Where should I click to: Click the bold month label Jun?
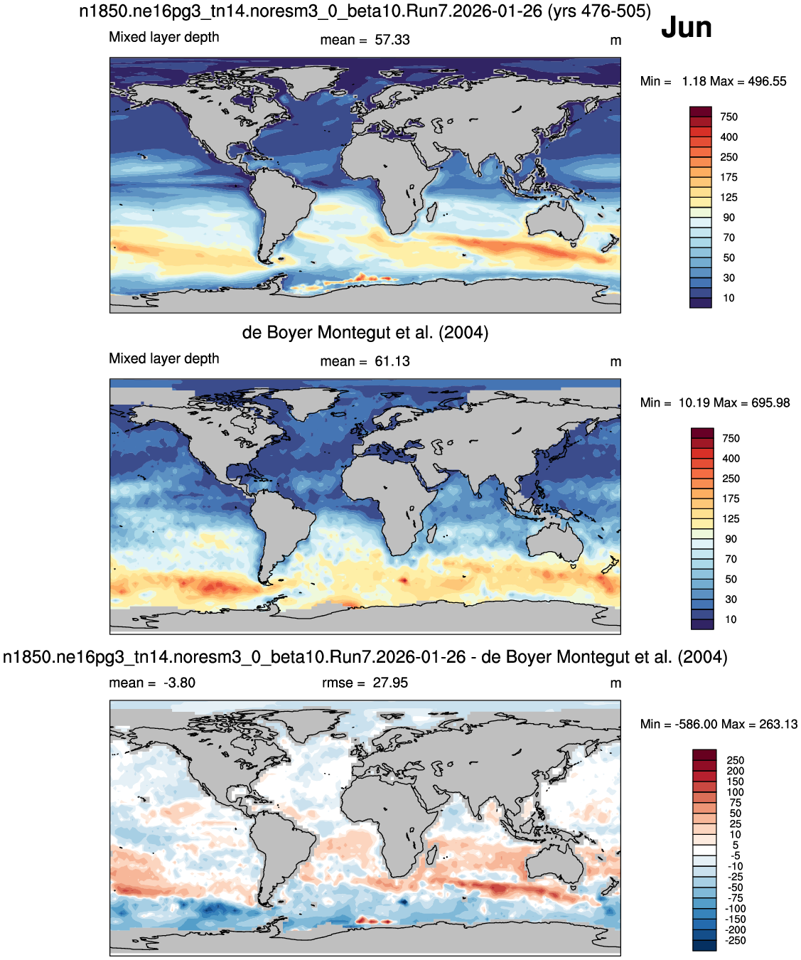(x=686, y=28)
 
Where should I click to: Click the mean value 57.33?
(x=392, y=40)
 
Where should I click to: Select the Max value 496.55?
(x=767, y=81)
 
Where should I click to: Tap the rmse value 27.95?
(x=390, y=683)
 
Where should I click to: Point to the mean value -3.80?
(x=179, y=683)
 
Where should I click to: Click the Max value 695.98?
(x=770, y=402)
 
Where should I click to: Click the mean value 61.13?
(x=392, y=361)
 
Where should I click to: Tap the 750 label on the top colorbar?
(x=729, y=117)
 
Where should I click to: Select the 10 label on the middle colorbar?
(x=731, y=619)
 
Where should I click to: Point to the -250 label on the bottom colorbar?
(x=736, y=940)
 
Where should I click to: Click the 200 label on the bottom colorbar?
(x=736, y=771)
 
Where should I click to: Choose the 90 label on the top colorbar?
(x=729, y=218)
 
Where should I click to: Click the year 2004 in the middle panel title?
(x=463, y=332)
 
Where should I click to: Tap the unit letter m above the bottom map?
(x=615, y=683)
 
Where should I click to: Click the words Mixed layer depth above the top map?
(x=164, y=37)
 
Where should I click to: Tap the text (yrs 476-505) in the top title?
(x=599, y=11)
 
